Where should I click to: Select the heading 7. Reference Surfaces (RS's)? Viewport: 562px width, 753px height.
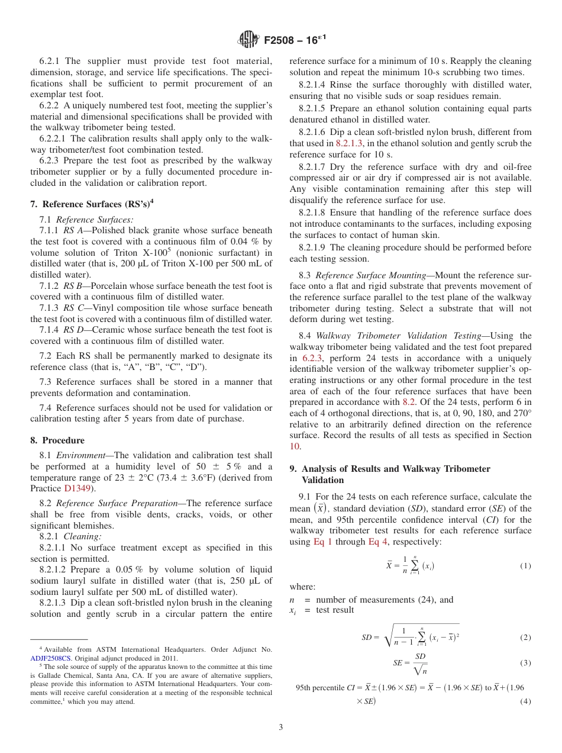coord(92,204)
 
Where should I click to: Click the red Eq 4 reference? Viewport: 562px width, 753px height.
coord(377,542)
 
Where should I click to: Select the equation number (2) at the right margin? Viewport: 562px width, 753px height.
coord(525,638)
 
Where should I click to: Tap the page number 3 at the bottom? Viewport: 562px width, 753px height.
coord(281,727)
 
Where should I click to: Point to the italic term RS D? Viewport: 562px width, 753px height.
coord(73,330)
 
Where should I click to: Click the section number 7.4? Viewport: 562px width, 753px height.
coord(46,408)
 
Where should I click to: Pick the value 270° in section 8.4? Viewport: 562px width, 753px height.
coord(519,413)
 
